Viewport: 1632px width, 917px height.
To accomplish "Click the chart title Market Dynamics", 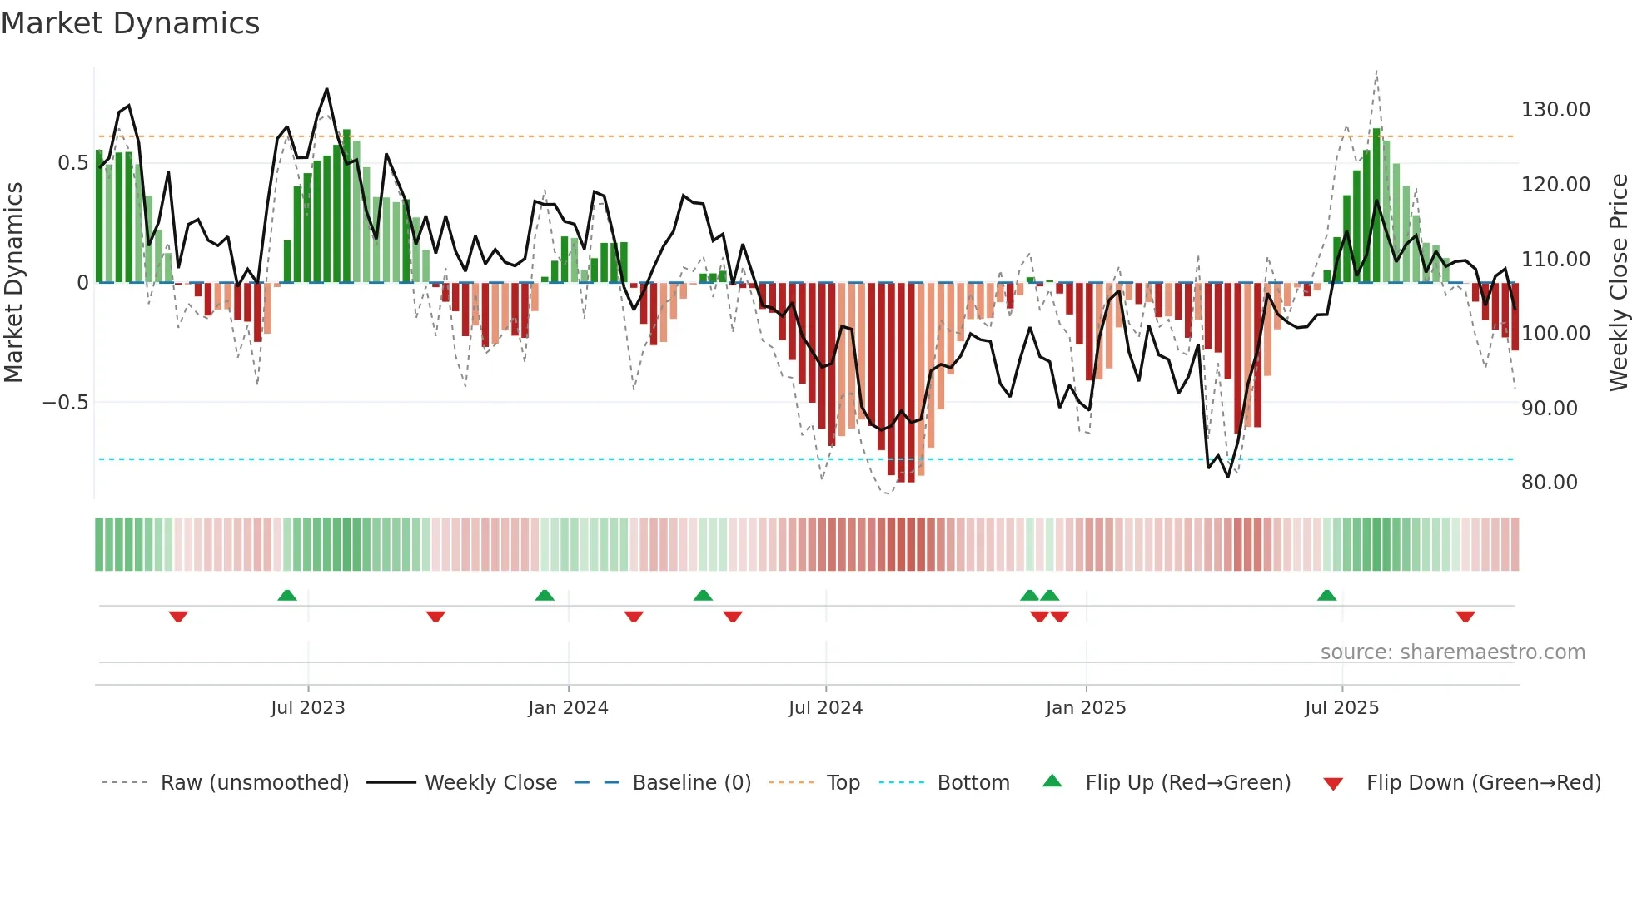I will coord(130,23).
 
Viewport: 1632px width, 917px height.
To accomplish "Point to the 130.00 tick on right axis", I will coord(1555,110).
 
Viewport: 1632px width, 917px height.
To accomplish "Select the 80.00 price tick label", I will coord(1549,483).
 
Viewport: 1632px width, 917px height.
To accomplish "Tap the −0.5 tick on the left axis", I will coord(65,403).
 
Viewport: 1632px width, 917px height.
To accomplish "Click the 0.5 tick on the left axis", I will coord(72,163).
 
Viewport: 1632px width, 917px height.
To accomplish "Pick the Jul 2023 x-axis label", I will coord(307,708).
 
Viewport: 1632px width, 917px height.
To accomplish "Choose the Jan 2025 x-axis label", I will coord(1085,708).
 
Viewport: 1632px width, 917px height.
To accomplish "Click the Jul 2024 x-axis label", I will coord(825,708).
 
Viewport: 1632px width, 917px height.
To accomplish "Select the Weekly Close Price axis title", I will coord(1618,283).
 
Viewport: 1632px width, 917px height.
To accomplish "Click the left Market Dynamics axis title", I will coord(13,283).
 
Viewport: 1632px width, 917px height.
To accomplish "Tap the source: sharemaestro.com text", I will coord(1452,652).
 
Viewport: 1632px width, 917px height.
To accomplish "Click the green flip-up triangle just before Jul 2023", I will coord(286,595).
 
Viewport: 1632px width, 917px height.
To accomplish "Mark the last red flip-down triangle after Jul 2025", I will coord(1465,617).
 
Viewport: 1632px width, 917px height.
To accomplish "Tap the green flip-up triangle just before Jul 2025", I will coord(1326,595).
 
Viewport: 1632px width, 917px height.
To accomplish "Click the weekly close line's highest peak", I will coord(326,89).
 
